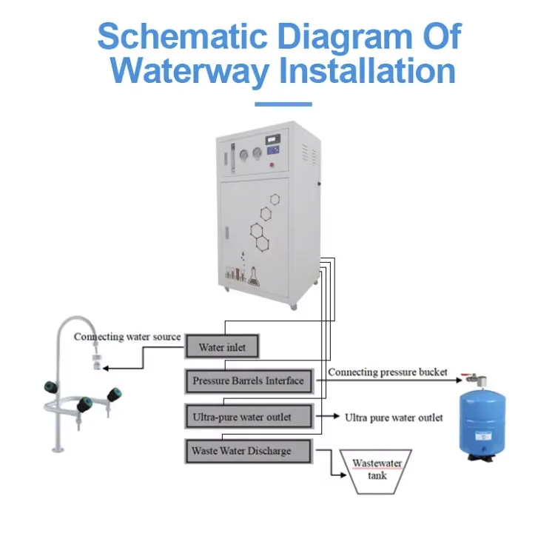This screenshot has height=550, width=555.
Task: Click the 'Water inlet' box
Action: tap(222, 346)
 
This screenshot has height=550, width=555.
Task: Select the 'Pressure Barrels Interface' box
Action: tap(248, 381)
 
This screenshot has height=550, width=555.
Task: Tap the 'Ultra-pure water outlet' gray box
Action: tap(248, 417)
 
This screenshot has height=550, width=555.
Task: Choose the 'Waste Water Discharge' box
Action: tap(248, 451)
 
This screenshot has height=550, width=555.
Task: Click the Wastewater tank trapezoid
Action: tap(377, 471)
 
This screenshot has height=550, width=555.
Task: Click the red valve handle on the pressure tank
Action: tap(465, 375)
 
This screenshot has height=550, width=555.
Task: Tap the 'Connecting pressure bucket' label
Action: tap(388, 372)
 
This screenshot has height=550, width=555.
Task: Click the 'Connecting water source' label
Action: tap(127, 337)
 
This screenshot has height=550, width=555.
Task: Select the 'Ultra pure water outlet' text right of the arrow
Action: tap(394, 417)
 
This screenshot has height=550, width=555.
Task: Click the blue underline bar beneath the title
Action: tap(283, 104)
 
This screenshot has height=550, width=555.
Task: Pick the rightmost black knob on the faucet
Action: tap(115, 392)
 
